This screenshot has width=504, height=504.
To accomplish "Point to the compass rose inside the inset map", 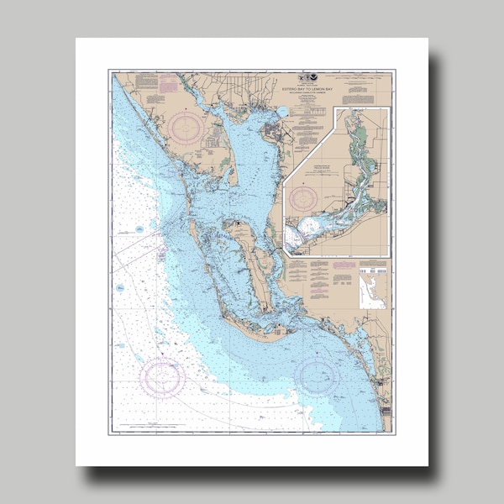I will coord(303,198).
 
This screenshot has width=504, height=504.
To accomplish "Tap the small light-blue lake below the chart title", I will coord(283,111).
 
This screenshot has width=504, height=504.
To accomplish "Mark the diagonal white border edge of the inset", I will coord(311,143).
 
